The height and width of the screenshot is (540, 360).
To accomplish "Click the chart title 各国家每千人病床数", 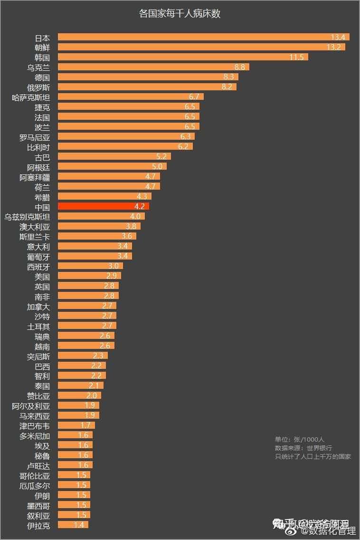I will click(x=180, y=14).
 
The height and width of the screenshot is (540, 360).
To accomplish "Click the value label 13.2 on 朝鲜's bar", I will click(x=334, y=47).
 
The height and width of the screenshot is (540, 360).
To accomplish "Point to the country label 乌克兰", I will click(x=38, y=67).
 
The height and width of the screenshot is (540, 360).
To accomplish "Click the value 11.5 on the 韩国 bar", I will click(x=296, y=57).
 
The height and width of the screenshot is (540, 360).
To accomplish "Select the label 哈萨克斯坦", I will click(x=31, y=97).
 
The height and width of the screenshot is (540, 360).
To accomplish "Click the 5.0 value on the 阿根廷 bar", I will click(x=157, y=166).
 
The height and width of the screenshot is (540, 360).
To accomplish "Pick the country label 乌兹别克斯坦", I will click(x=27, y=217).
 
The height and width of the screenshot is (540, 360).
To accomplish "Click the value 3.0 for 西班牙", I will click(x=114, y=266).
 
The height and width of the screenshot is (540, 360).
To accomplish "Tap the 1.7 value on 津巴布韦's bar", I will click(x=85, y=425).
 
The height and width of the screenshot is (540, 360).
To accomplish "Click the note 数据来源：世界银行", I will click(x=303, y=448).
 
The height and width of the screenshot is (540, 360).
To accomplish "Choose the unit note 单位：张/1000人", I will click(x=299, y=439).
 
